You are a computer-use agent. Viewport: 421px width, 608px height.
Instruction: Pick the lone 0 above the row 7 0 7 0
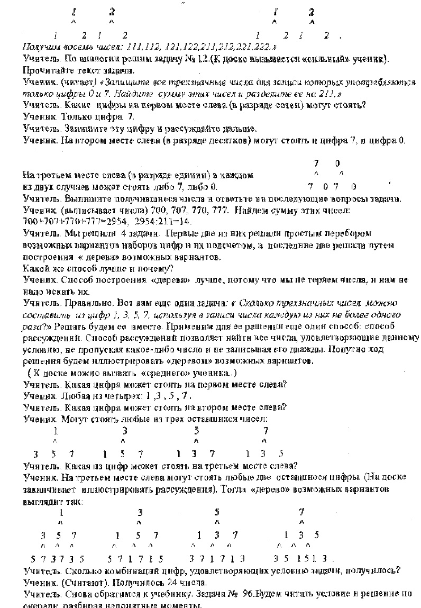(337, 164)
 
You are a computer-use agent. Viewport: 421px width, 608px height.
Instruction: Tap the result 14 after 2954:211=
(184, 221)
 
